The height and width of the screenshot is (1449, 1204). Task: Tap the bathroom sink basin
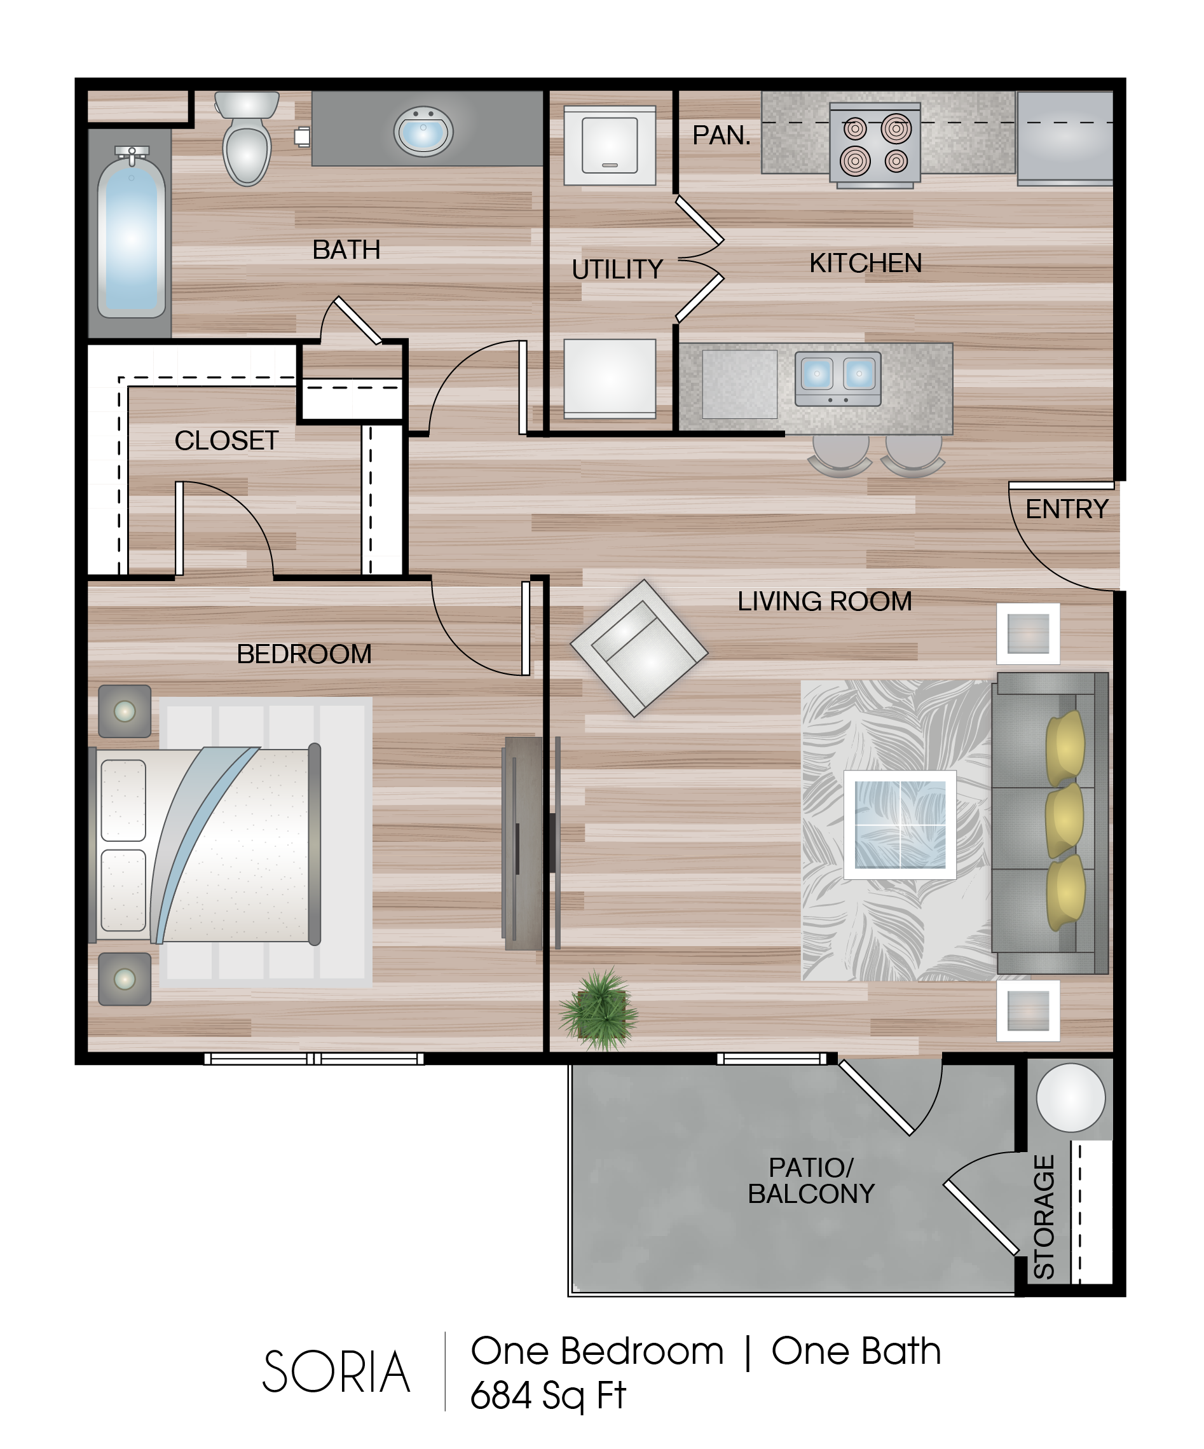[x=423, y=131]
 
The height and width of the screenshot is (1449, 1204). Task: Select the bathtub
[x=131, y=231]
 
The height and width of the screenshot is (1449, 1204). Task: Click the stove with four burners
[x=875, y=145]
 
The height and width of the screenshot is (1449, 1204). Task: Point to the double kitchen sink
[x=838, y=378]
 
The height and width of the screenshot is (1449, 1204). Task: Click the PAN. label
[x=721, y=135]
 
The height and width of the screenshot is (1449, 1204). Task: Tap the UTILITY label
[x=617, y=269]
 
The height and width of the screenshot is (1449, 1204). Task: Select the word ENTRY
[x=1067, y=509]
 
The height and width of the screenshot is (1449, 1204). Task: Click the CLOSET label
[x=226, y=440]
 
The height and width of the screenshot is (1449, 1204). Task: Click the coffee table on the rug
[x=900, y=825]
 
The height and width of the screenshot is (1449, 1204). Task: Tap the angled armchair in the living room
[x=639, y=648]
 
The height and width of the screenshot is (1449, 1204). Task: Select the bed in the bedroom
[x=205, y=845]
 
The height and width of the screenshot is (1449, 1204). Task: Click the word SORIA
[x=336, y=1371]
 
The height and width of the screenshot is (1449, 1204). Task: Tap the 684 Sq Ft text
[x=548, y=1394]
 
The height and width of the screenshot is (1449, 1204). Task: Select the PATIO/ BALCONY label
[x=811, y=1181]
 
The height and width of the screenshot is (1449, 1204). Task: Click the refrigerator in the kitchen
[x=1065, y=139]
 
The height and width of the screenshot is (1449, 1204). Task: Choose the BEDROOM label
[x=304, y=654]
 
